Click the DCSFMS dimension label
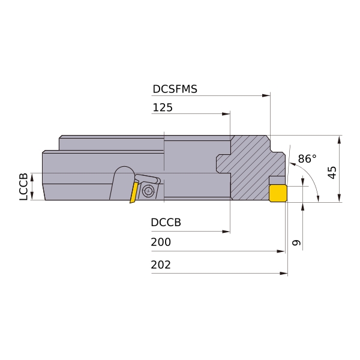175,89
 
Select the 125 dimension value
163,107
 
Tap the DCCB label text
166,222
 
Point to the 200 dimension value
161,242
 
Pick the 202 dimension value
161,265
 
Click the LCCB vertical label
23,187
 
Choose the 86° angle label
307,158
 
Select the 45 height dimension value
332,172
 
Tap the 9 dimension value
296,242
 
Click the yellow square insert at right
278,193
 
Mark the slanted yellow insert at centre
134,193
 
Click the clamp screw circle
148,191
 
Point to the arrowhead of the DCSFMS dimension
266,95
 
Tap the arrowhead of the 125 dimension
226,114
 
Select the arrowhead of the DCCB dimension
226,232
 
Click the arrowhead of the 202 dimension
284,273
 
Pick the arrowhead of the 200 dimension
281,251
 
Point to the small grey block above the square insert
277,180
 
